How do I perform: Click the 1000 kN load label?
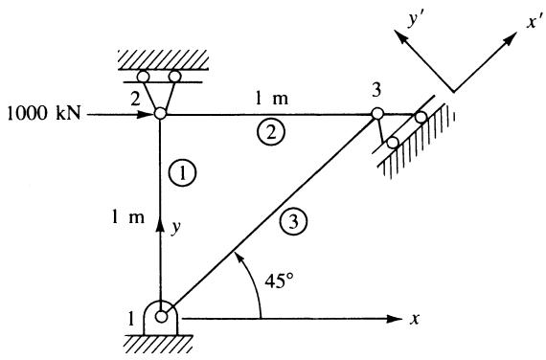coord(44,113)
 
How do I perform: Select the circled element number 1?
coord(182,172)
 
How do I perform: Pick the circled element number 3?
coord(293,221)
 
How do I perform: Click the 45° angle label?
coord(279,281)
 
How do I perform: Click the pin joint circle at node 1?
coord(161,317)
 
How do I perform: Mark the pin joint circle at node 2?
coord(160,114)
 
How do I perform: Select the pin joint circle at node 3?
coord(377,114)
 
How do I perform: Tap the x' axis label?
coord(534,22)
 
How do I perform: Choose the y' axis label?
coord(416,20)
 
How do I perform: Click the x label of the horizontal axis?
coord(415,319)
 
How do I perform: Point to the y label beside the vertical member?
coord(176,227)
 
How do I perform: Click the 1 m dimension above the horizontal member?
coord(272,99)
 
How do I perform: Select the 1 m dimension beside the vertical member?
coord(127,217)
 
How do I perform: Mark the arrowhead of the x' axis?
coord(511,38)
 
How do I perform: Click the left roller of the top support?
coord(144,76)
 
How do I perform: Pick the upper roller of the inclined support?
coord(421,118)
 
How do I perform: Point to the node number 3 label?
coord(376,90)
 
